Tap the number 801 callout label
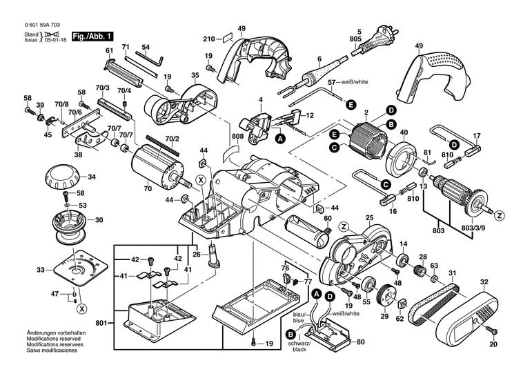102,321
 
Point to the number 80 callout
361,342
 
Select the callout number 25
369,218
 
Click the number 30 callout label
99,220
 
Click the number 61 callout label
109,51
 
